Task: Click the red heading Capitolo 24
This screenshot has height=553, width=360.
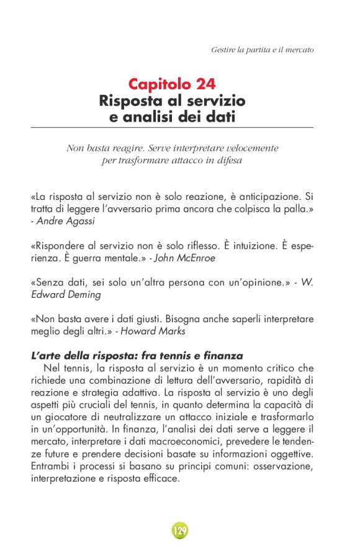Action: tap(172, 84)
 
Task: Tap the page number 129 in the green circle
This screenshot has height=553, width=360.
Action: tap(180, 531)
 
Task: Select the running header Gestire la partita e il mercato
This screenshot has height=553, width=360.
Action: tap(262, 48)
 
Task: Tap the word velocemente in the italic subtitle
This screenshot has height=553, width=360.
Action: tap(248, 149)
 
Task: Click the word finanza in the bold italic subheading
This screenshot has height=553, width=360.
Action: tap(220, 356)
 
